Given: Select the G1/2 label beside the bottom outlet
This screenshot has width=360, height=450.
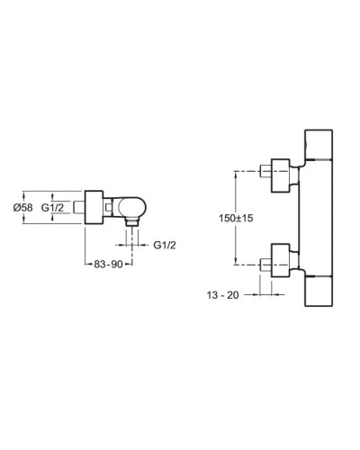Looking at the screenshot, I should coord(163,244).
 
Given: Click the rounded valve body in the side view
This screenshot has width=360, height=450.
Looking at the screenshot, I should coord(125,208).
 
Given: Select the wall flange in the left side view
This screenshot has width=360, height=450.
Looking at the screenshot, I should coord(94,208).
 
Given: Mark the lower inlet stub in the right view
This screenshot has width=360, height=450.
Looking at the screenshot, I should coord(265,264).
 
